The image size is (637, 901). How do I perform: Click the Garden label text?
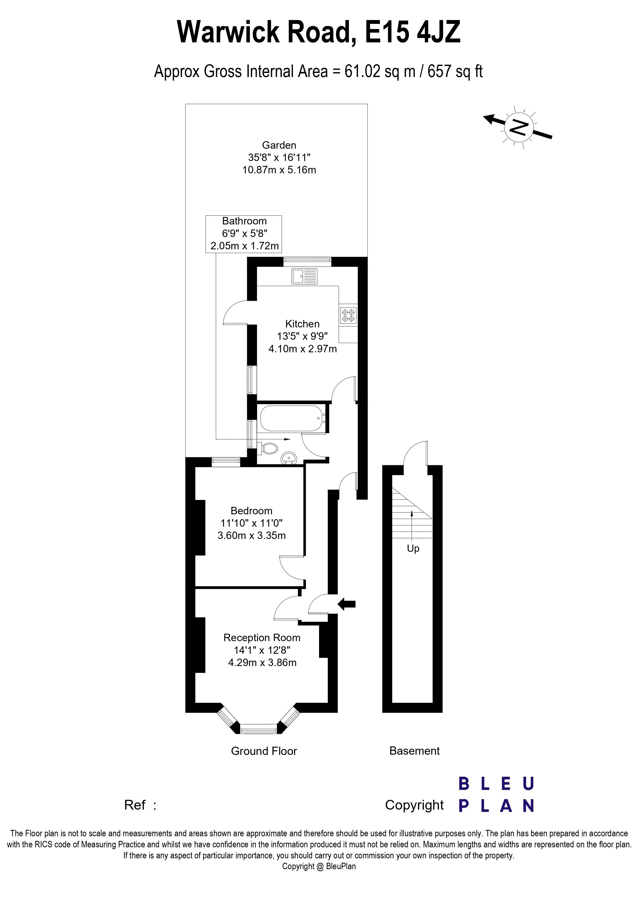(x=279, y=145)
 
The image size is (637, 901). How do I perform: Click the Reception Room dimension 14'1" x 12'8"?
(x=262, y=650)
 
